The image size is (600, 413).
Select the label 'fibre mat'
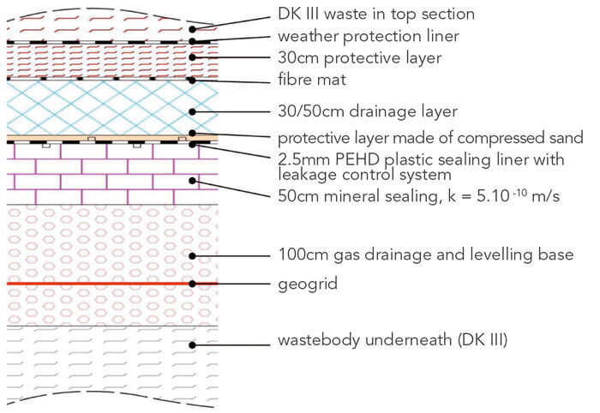[x=309, y=81]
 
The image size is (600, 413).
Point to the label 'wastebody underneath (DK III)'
[x=393, y=341]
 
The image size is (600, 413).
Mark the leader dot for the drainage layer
[x=194, y=111]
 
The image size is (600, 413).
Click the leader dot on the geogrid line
[x=194, y=283]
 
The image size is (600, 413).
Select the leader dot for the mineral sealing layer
[x=194, y=180]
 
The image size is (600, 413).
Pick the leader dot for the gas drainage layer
[x=194, y=255]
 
